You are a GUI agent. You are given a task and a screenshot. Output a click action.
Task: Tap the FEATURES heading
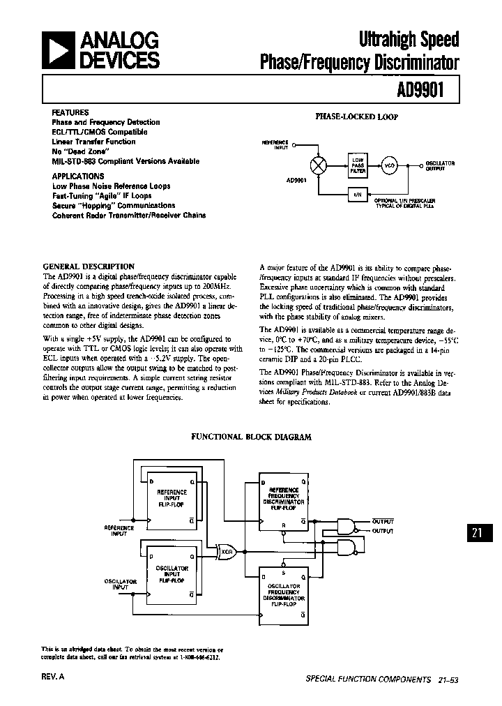tap(70, 112)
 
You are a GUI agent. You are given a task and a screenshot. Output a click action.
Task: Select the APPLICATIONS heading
tap(78, 176)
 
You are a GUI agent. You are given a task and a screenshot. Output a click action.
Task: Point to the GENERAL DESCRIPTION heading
tap(89, 266)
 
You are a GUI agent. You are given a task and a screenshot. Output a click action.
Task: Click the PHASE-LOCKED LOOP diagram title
tap(357, 117)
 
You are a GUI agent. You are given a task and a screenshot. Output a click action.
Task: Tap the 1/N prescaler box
tap(358, 195)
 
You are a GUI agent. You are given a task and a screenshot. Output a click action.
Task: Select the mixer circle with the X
tap(318, 165)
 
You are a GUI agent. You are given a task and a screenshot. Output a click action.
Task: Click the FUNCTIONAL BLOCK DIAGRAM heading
tap(252, 437)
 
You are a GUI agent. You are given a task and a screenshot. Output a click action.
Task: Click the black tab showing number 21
tap(478, 533)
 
